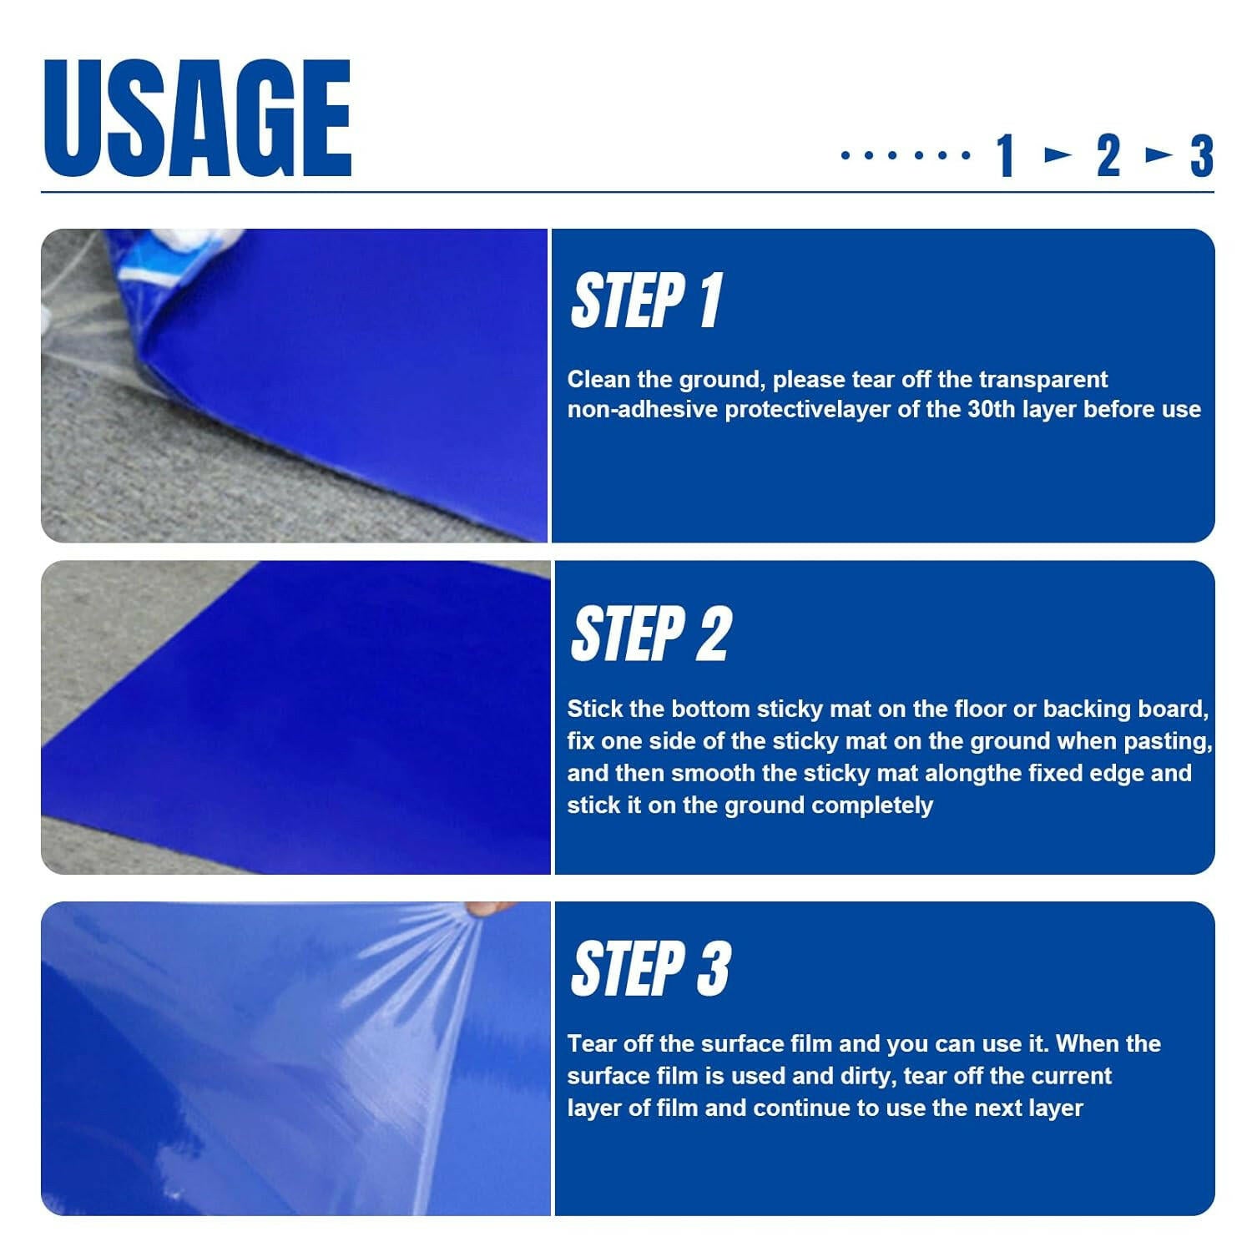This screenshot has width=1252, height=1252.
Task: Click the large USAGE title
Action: point(197,118)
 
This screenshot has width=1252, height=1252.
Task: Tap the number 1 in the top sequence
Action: point(1005,156)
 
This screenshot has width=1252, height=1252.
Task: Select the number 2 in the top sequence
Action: point(1108,156)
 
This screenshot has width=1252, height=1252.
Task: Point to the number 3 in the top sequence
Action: point(1201,156)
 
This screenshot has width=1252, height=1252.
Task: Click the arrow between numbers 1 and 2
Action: point(1058,154)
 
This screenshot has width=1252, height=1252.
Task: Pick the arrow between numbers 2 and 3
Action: point(1159,154)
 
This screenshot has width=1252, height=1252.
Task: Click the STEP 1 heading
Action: point(646,300)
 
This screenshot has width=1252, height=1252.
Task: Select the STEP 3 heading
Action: point(651,968)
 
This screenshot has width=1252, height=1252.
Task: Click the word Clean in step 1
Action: point(598,380)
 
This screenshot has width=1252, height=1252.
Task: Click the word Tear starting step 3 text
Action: point(589,1044)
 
